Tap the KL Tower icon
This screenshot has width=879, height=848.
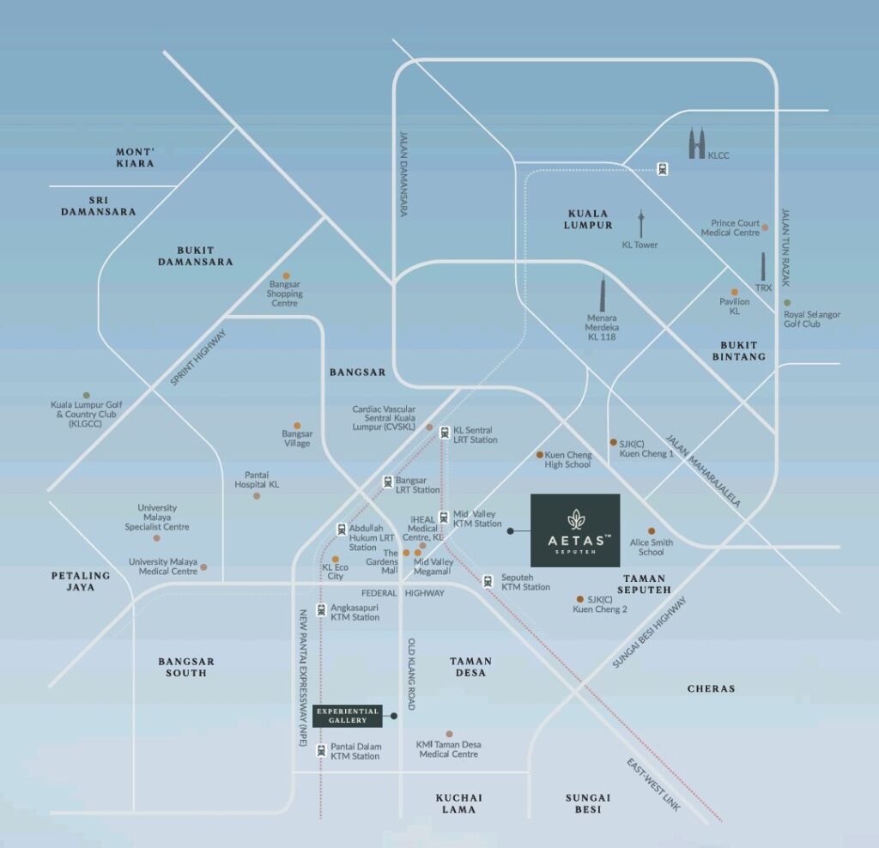tap(640, 222)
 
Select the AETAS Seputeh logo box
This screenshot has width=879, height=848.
tap(575, 530)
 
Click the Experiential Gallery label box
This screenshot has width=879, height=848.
tap(347, 716)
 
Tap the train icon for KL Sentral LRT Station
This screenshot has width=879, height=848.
tap(444, 433)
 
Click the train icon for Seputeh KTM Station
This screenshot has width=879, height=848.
tap(488, 580)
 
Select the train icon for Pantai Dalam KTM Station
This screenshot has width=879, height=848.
tap(321, 750)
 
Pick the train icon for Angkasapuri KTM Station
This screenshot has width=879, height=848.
tap(321, 609)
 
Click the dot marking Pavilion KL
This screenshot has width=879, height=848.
tap(734, 292)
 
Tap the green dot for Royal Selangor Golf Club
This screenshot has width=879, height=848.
tap(787, 302)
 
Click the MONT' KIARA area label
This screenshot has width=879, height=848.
tap(135, 157)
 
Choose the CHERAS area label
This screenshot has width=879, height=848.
tap(711, 688)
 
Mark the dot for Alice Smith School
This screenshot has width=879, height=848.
tap(652, 531)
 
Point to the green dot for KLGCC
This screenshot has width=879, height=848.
tap(86, 395)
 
